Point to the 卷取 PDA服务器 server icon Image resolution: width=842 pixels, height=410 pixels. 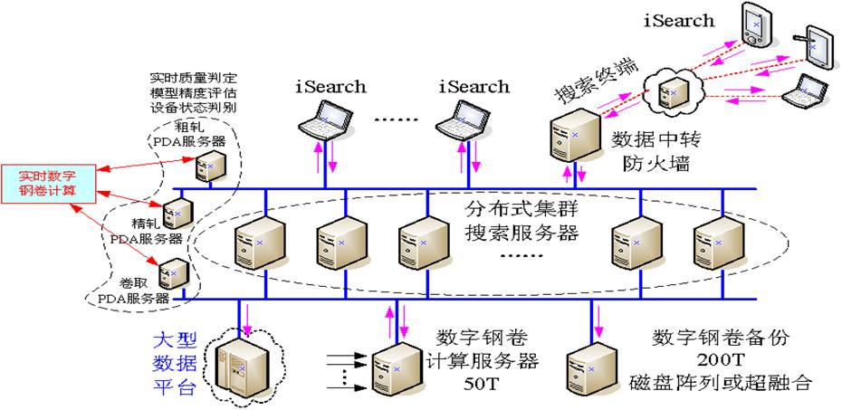pos(174,272)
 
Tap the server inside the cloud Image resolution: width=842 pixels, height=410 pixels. pos(672,89)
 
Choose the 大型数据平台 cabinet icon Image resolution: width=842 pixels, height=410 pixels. pos(240,362)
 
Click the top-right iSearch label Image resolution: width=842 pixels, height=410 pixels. pos(678,20)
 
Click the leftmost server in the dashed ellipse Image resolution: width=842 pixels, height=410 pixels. pos(249,244)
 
